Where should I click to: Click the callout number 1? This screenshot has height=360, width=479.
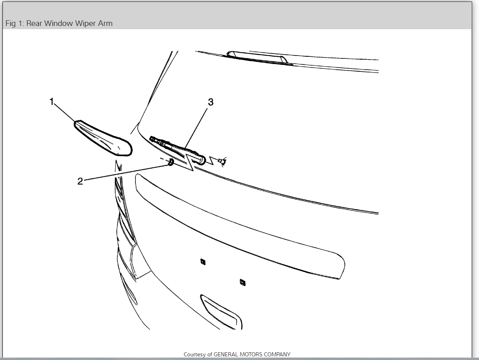click(x=52, y=101)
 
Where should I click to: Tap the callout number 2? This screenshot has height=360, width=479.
click(x=80, y=181)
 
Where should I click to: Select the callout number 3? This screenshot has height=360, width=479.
click(x=211, y=102)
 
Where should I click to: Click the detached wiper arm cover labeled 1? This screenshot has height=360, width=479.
click(x=103, y=137)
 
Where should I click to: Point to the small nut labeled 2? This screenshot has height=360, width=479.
click(x=171, y=162)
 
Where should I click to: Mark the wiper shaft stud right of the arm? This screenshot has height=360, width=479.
click(x=221, y=162)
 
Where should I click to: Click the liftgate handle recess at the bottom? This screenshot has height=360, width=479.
click(x=221, y=310)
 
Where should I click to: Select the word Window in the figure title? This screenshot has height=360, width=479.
click(x=57, y=24)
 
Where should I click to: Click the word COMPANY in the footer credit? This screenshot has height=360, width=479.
click(x=278, y=354)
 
